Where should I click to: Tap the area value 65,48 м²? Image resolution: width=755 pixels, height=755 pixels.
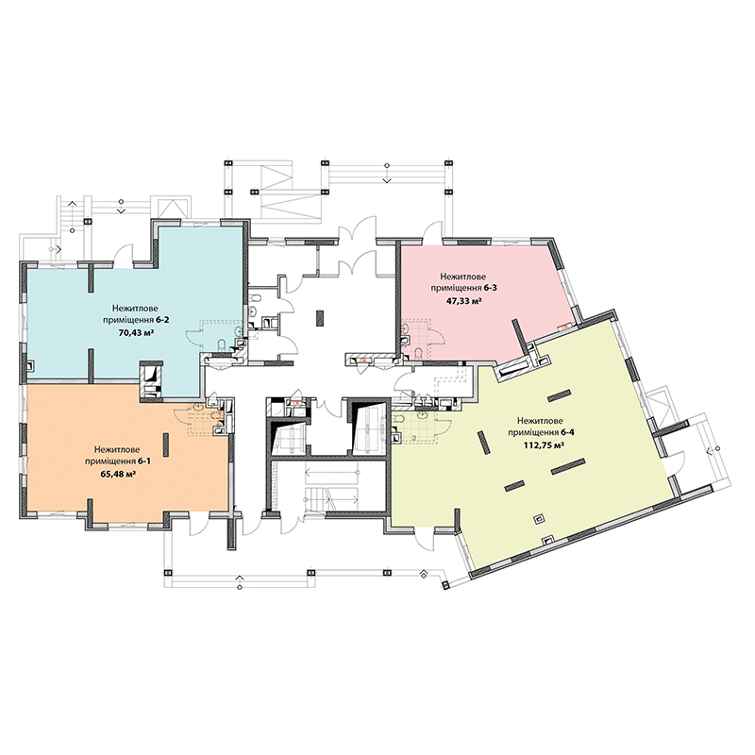tap(117, 474)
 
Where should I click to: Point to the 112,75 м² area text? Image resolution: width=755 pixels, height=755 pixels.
tap(545, 445)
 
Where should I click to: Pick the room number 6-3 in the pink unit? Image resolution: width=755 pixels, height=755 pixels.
tap(491, 289)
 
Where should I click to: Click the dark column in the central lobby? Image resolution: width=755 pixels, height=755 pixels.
tap(320, 319)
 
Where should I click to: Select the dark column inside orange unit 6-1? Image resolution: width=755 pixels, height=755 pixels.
tap(166, 445)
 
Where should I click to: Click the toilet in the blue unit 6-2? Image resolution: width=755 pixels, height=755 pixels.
tap(222, 344)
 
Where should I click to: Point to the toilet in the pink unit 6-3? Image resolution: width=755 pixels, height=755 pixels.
tap(418, 355)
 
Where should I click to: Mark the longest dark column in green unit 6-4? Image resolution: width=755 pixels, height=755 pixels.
tap(568, 466)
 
